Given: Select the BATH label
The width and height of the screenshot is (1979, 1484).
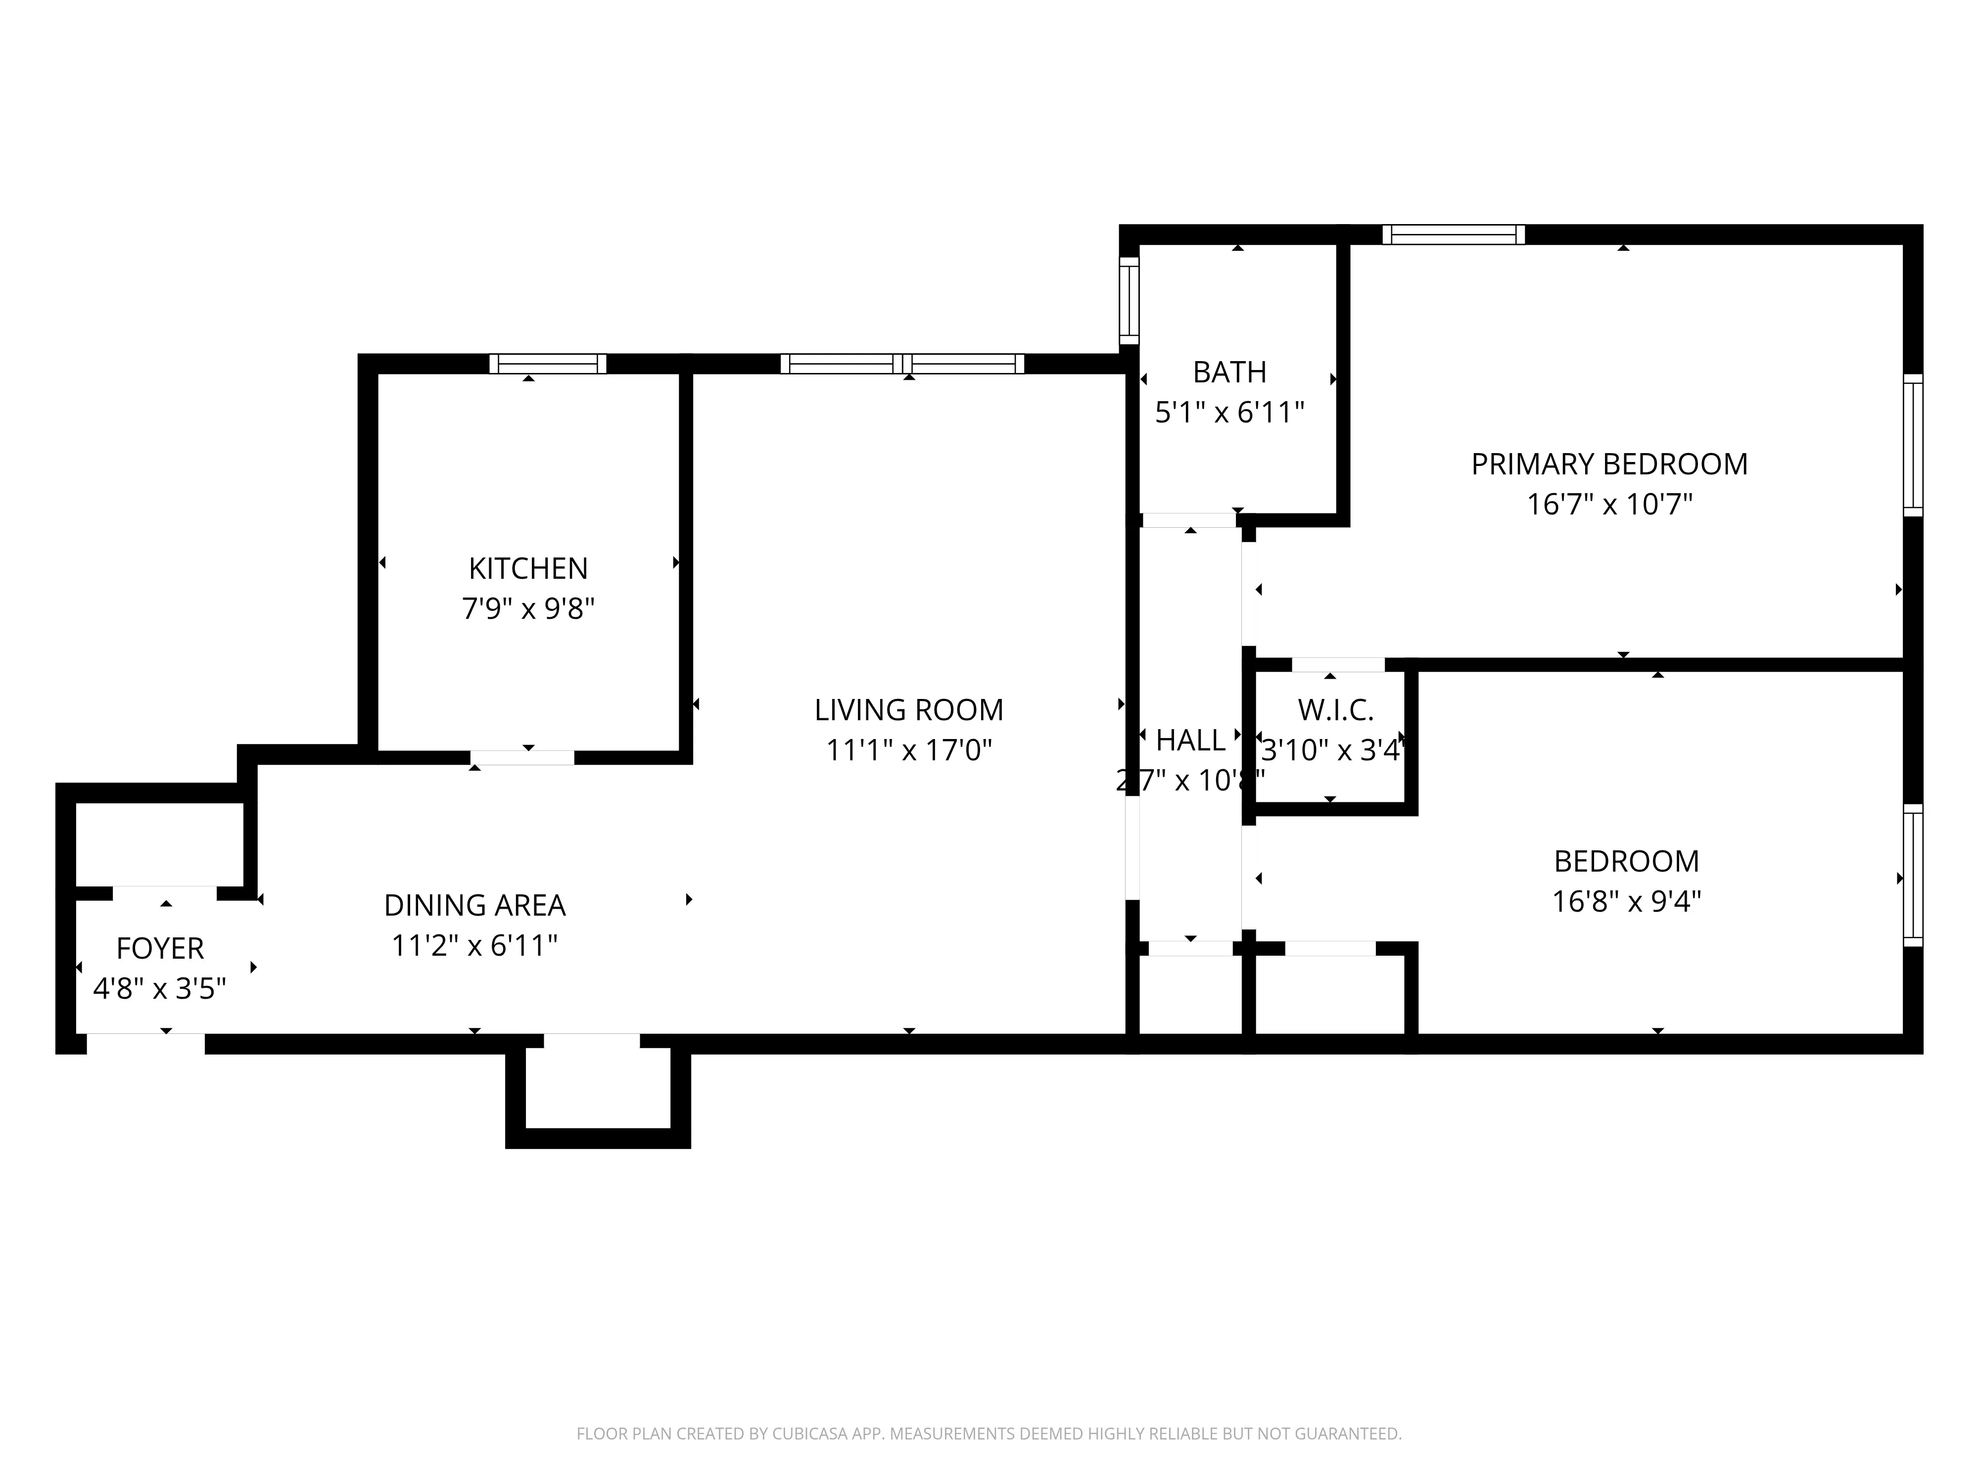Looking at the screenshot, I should tap(1229, 371).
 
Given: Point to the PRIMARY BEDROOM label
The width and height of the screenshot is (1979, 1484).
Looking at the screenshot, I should tap(1608, 464).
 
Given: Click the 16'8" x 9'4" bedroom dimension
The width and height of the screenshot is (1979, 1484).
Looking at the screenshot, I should tap(1626, 901).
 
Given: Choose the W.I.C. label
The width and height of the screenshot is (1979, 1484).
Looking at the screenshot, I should tap(1335, 710).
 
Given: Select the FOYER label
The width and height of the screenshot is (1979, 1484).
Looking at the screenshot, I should tap(160, 948).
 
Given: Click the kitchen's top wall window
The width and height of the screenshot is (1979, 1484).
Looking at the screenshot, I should tap(548, 364).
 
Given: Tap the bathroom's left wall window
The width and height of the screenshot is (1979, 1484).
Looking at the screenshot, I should tap(1129, 301).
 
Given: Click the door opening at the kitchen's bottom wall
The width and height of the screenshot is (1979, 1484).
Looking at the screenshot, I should tap(522, 758).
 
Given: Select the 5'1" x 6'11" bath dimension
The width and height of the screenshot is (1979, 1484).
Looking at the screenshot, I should tap(1229, 413).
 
